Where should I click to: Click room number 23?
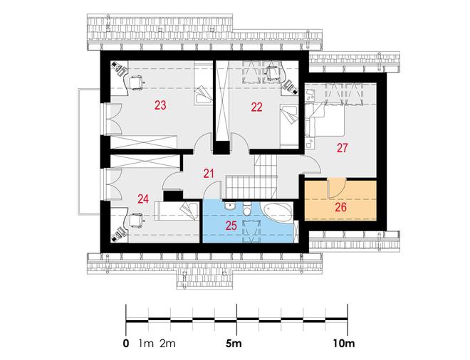(160, 105)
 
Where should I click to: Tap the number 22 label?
(256, 107)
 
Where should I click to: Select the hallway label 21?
(209, 174)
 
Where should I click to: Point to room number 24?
(143, 199)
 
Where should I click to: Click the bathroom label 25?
(231, 226)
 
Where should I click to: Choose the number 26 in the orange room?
(341, 207)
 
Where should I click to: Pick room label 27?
(342, 148)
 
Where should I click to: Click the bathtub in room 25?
(277, 213)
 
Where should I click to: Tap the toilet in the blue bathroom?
(246, 208)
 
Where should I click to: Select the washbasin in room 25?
(230, 206)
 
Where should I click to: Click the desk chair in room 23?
(136, 83)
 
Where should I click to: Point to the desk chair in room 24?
(136, 221)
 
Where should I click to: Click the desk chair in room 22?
(273, 72)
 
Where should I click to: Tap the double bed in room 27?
(325, 120)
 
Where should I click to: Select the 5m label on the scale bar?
(234, 343)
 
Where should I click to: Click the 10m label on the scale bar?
(344, 343)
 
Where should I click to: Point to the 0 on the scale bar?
(126, 343)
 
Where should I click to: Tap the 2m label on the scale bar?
(167, 343)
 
